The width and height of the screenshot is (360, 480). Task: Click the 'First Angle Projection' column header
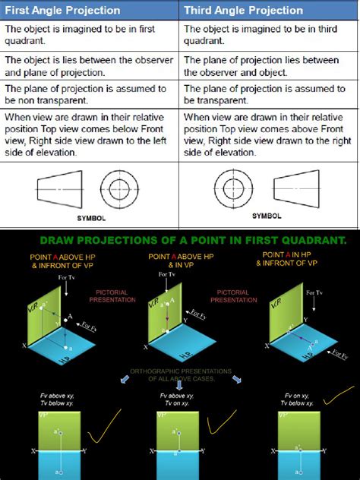coord(63,10)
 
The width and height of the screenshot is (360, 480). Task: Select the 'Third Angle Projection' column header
coord(244,10)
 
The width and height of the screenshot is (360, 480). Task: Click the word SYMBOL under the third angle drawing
coord(267,216)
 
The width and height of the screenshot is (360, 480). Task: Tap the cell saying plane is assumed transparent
coord(267,95)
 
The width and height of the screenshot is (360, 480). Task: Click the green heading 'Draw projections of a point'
coord(194,240)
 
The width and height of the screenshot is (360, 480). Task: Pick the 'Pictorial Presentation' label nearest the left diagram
coord(116,296)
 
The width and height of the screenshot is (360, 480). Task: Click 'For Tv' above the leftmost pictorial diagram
coord(67,279)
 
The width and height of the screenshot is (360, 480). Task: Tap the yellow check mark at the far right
coord(338,396)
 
